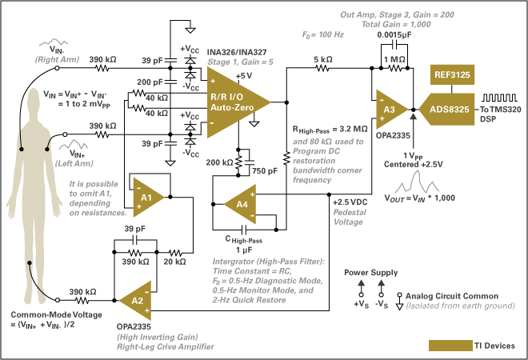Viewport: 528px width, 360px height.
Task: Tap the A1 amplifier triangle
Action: tap(148, 195)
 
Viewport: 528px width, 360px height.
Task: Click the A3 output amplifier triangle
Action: tap(389, 109)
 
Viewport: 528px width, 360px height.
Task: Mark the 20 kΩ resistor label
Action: tap(175, 261)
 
